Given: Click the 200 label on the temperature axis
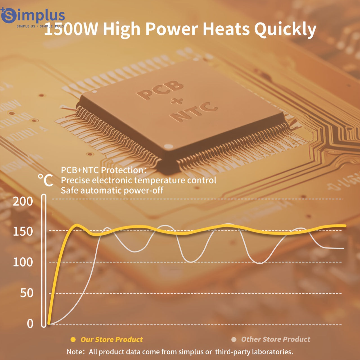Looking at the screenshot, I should pos(23,201).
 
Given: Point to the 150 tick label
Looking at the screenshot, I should pos(23,232).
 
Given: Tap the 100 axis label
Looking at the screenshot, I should pos(23,262).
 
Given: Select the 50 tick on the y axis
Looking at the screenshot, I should pos(26,293).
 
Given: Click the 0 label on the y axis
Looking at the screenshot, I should pos(30,324).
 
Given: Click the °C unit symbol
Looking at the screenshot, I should pos(46,180).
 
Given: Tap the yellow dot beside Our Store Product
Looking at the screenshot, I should pos(73,339).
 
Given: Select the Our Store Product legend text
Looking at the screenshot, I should pos(112,339).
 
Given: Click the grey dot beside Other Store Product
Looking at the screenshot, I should pos(234,339).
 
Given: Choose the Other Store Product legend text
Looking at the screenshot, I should pos(276,339).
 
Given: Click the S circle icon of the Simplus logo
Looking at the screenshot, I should pos(9,15).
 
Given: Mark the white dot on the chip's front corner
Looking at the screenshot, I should pos(168,146).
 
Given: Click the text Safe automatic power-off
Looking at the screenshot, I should pos(112,190).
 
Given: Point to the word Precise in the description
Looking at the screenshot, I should pos(75,180).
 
